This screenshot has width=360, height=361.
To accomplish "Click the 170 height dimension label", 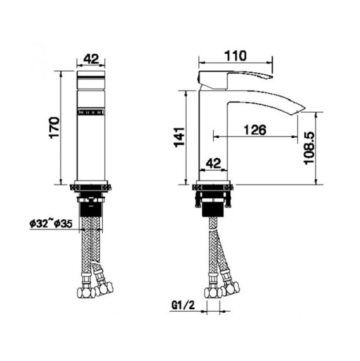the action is click(54, 127).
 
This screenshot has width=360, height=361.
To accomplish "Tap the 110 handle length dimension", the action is click(235, 56).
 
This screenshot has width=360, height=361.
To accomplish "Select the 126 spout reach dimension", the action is click(255, 130).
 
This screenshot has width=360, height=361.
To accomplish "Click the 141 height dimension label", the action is click(179, 137).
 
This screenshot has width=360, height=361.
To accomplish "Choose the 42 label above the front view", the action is click(91, 59).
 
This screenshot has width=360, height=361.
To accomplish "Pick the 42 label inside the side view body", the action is click(213, 163).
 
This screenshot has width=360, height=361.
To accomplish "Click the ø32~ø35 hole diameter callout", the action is click(51, 223).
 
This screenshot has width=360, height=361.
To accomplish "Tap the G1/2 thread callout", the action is click(183, 305).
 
